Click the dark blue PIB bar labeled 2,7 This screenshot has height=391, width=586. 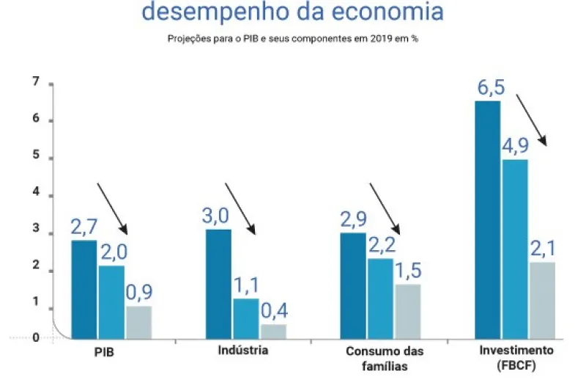point(84,289)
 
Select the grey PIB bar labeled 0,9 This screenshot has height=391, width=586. point(138,322)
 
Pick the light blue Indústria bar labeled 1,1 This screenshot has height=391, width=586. point(245,318)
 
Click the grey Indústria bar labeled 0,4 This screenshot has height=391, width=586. point(273,331)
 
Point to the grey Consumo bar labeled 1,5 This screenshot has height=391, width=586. point(407,311)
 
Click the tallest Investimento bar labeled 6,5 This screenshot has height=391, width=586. point(487,219)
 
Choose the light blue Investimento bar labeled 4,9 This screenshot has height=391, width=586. point(515,249)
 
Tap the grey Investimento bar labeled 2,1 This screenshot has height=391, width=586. point(542,300)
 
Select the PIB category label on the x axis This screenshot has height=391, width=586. point(104,351)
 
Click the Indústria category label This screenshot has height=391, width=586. point(243,350)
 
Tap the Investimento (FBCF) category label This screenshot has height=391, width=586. point(516,357)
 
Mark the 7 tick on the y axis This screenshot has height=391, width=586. point(35,83)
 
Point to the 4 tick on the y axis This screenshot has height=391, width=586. point(35,196)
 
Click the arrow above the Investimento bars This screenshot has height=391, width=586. point(532,119)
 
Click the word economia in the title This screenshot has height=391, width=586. point(384,12)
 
